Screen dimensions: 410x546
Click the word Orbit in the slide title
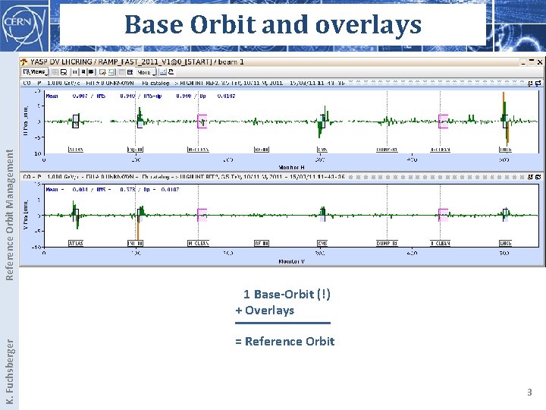217,25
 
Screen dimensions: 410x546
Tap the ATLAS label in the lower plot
76,243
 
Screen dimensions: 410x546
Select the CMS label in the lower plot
322,243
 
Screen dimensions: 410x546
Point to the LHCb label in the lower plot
505,243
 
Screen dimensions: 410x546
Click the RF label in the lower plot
261,243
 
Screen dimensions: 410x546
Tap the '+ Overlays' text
265,310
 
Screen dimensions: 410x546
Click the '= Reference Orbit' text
284,341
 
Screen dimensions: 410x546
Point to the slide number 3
529,393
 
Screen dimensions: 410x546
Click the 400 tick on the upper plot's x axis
411,159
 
